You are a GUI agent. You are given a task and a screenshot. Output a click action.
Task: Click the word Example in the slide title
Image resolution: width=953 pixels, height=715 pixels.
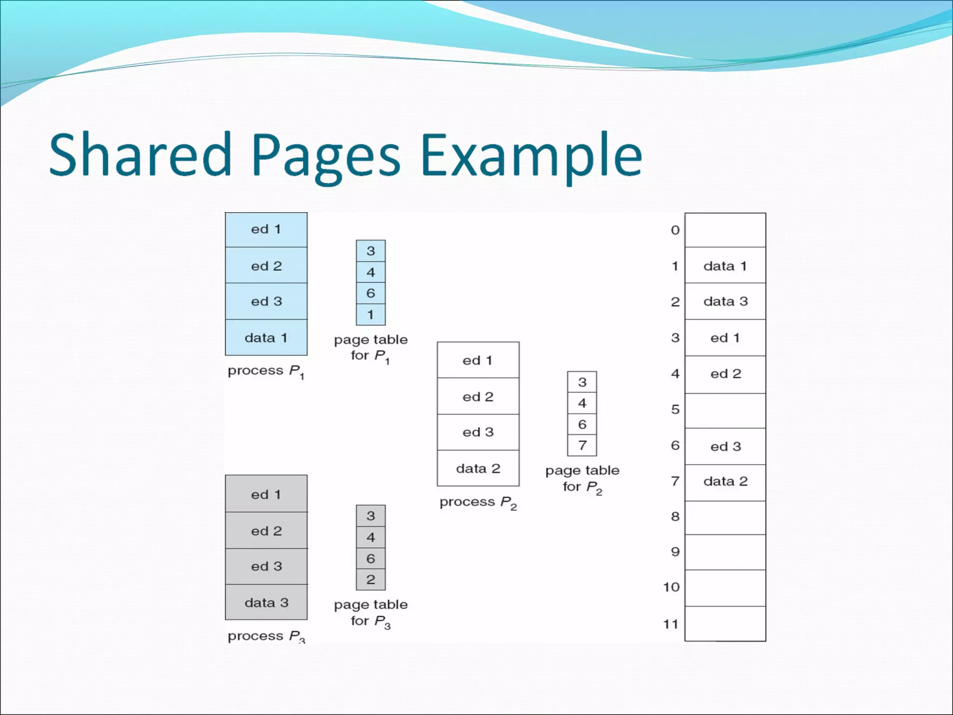click(x=530, y=155)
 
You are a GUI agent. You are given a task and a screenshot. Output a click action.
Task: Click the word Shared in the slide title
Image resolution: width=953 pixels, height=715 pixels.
click(x=140, y=155)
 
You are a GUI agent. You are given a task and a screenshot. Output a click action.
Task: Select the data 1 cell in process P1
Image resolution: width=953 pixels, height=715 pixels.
click(x=266, y=337)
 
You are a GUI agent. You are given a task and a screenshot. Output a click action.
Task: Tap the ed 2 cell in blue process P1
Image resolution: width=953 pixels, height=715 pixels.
click(x=266, y=266)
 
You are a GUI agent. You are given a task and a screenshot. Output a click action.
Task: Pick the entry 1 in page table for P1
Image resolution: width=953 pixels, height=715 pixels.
click(x=370, y=315)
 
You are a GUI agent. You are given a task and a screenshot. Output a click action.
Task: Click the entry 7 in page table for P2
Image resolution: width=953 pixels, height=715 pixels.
click(x=582, y=445)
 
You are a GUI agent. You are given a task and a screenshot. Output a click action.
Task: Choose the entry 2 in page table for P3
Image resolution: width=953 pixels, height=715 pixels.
click(x=370, y=580)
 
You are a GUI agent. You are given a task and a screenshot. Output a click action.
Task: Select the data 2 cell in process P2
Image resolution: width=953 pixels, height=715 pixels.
click(x=478, y=468)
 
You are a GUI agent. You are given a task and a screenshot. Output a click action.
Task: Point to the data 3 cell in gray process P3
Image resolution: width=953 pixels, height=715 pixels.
click(x=266, y=602)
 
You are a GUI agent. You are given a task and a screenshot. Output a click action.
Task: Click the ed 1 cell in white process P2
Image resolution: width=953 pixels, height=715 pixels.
click(x=478, y=360)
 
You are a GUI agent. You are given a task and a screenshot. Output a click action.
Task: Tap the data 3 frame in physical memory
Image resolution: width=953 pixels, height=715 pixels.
click(x=725, y=301)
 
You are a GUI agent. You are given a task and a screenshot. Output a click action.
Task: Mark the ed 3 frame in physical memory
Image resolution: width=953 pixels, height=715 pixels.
click(x=725, y=446)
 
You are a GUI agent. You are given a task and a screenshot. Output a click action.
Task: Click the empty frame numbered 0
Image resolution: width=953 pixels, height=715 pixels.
click(x=725, y=230)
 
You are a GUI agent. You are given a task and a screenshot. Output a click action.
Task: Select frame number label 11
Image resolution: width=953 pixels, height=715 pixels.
click(x=671, y=624)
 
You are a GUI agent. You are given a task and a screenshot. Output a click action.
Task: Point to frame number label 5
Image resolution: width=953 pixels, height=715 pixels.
click(x=675, y=410)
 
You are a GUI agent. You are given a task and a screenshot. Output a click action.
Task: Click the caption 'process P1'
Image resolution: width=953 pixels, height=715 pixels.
click(x=266, y=371)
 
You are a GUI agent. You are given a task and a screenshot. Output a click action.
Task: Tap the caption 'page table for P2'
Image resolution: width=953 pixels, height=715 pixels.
click(x=582, y=479)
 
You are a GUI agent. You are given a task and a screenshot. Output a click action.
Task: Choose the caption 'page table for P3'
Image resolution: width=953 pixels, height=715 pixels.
click(x=370, y=613)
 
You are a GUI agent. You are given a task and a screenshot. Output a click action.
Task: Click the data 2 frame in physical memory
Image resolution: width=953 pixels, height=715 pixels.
click(x=725, y=481)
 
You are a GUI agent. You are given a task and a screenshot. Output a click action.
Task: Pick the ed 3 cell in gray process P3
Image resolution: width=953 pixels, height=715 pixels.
click(x=266, y=566)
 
